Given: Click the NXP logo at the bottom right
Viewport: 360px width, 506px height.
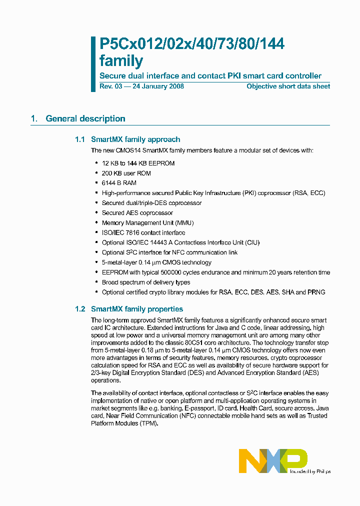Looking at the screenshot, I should [x=272, y=460].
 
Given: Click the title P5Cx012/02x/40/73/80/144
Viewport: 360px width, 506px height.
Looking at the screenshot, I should [x=192, y=44].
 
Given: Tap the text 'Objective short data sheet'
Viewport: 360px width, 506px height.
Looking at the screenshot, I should [x=288, y=86].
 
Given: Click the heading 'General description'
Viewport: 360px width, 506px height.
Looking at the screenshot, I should [x=85, y=118].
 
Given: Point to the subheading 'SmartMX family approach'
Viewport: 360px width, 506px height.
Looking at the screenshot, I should [x=135, y=139].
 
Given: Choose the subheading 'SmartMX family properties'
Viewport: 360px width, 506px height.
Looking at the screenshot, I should [x=137, y=309].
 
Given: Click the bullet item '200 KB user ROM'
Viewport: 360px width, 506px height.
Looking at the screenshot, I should [x=126, y=173].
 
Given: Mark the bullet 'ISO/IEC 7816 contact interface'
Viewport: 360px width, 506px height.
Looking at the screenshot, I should [x=143, y=232].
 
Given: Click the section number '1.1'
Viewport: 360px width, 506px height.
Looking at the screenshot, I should [x=80, y=139].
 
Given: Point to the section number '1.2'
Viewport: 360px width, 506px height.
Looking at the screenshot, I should [x=80, y=309].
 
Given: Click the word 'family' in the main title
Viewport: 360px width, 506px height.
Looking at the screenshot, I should [x=121, y=61].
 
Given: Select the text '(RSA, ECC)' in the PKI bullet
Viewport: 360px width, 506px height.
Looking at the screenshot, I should [x=309, y=193].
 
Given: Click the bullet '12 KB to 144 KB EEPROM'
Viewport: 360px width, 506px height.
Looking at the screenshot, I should [x=138, y=163].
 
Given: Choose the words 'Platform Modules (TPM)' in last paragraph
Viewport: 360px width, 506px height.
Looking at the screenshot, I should [x=124, y=423].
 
